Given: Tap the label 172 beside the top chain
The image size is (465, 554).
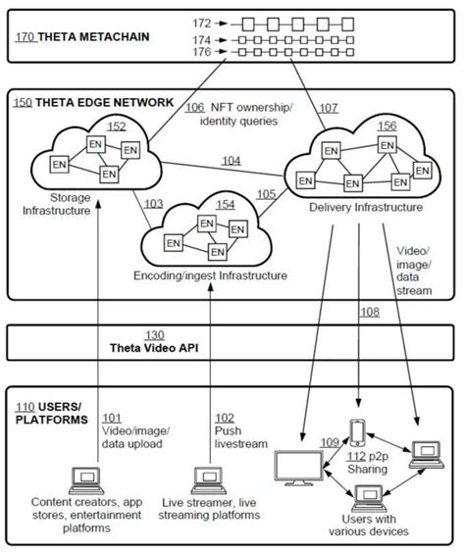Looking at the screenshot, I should coord(202,21).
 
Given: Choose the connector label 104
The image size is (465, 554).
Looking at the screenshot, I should coord(232,159).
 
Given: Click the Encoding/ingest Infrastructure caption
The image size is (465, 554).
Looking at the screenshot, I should coord(211,277).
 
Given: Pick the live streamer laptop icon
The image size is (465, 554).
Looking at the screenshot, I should coord(208,478).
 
